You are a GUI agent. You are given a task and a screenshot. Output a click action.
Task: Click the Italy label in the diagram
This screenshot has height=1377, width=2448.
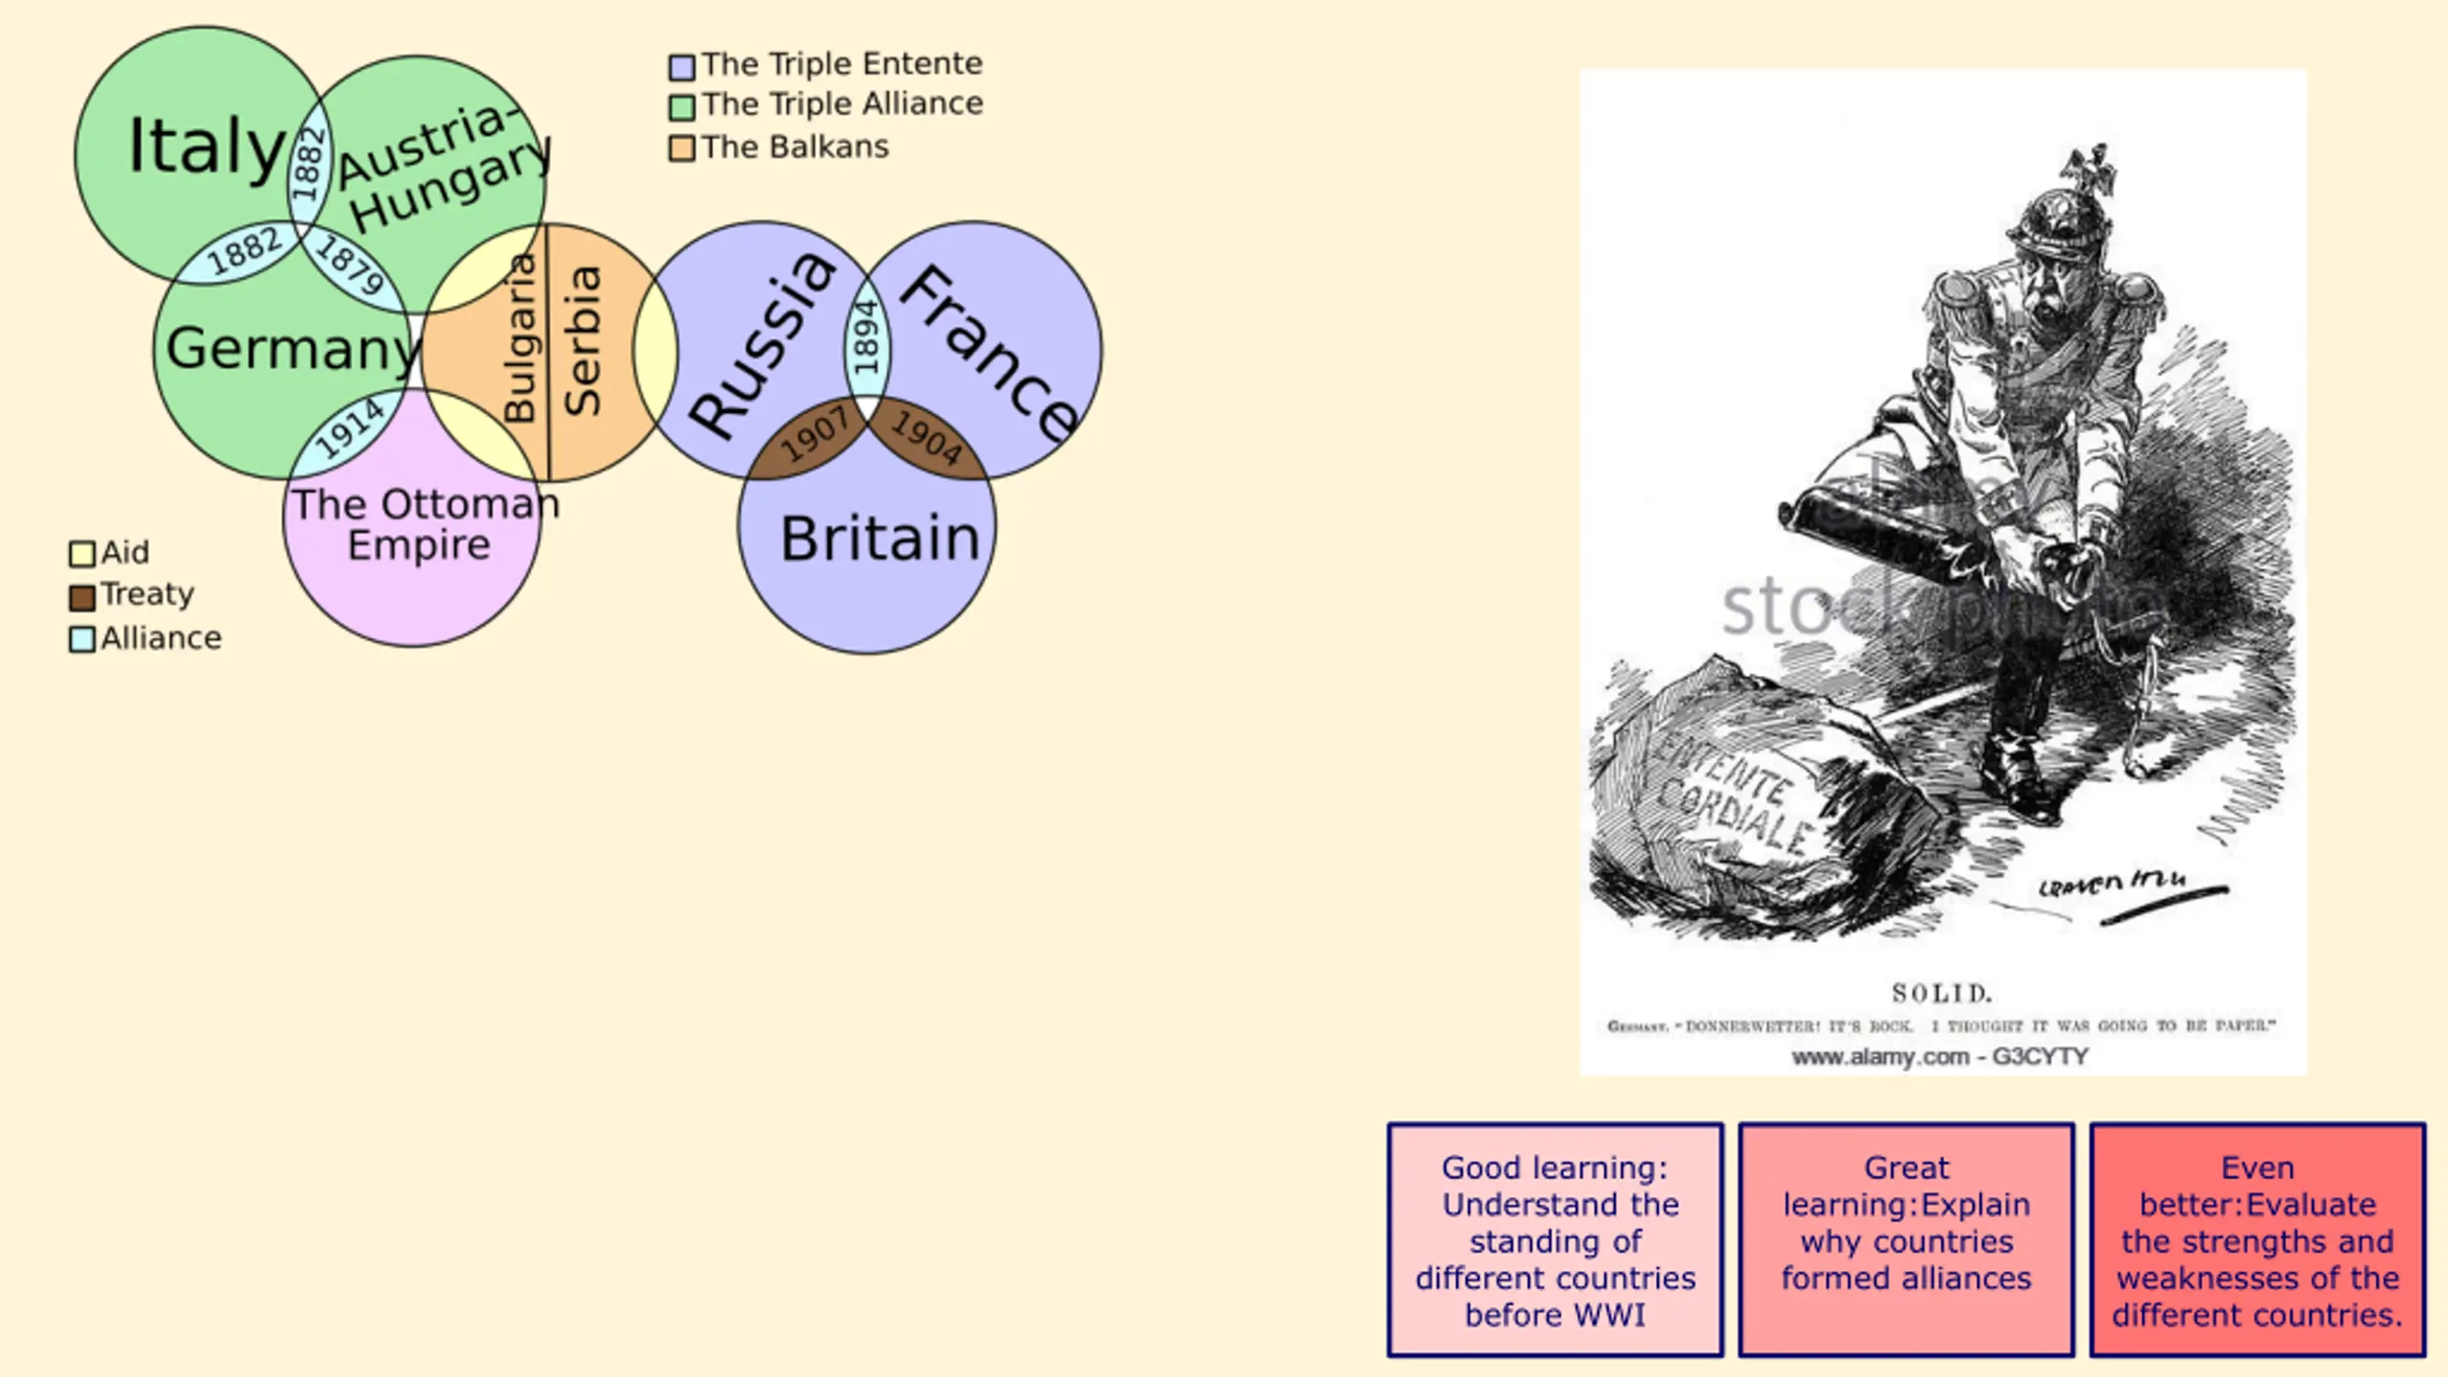pyautogui.click(x=207, y=146)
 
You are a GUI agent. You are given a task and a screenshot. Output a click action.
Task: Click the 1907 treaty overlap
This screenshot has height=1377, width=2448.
pyautogui.click(x=814, y=435)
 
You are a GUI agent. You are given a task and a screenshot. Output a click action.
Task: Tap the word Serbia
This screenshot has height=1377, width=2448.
pyautogui.click(x=582, y=340)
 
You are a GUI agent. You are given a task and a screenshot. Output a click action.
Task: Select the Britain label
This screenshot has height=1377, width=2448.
pyautogui.click(x=880, y=538)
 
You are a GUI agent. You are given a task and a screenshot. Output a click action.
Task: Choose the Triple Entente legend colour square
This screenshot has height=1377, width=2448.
pyautogui.click(x=681, y=67)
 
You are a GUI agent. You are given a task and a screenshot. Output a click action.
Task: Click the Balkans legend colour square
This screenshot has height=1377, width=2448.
pyautogui.click(x=681, y=149)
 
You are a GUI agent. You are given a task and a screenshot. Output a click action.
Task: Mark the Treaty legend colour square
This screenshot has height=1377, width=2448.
pyautogui.click(x=82, y=598)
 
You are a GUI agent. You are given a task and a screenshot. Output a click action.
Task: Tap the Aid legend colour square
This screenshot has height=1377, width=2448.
pyautogui.click(x=82, y=555)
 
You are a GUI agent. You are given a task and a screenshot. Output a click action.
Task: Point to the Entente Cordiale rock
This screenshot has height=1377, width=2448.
pyautogui.click(x=1750, y=803)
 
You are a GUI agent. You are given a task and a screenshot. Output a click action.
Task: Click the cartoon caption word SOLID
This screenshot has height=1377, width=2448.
pyautogui.click(x=1941, y=994)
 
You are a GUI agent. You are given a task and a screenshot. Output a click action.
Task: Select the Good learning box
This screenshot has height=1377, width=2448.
pyautogui.click(x=1555, y=1240)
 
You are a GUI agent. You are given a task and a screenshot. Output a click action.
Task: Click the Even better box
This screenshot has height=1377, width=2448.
pyautogui.click(x=2257, y=1240)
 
